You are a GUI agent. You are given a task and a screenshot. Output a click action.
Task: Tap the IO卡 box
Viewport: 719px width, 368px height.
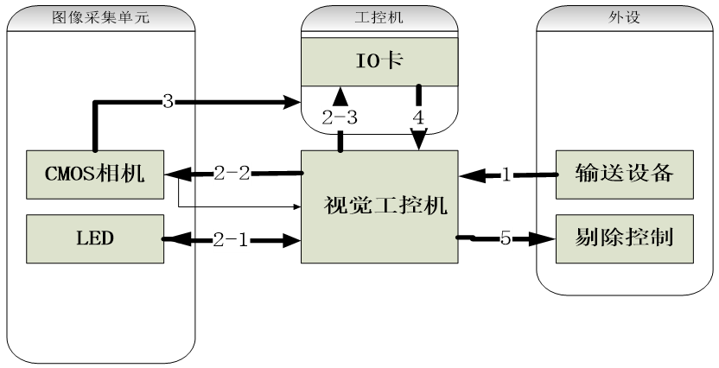coord(379,61)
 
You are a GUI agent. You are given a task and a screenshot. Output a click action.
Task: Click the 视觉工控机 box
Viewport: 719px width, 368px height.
coord(379,206)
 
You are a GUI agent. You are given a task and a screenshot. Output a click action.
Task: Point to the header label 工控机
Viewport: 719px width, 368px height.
coord(379,16)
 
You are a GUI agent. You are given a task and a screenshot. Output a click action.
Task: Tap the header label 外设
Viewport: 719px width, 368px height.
coord(626,16)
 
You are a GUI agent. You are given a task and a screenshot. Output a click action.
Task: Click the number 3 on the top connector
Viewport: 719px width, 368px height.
coord(169,102)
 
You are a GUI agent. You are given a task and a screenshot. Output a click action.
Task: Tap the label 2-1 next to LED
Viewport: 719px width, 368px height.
coord(232,240)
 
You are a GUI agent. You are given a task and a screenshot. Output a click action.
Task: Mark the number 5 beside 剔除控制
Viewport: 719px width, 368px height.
coord(506,239)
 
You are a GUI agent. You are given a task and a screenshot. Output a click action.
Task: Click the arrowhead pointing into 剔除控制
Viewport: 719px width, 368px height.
coord(544,239)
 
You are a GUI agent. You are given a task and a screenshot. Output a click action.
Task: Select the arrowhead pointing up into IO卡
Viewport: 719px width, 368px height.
coord(340,92)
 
